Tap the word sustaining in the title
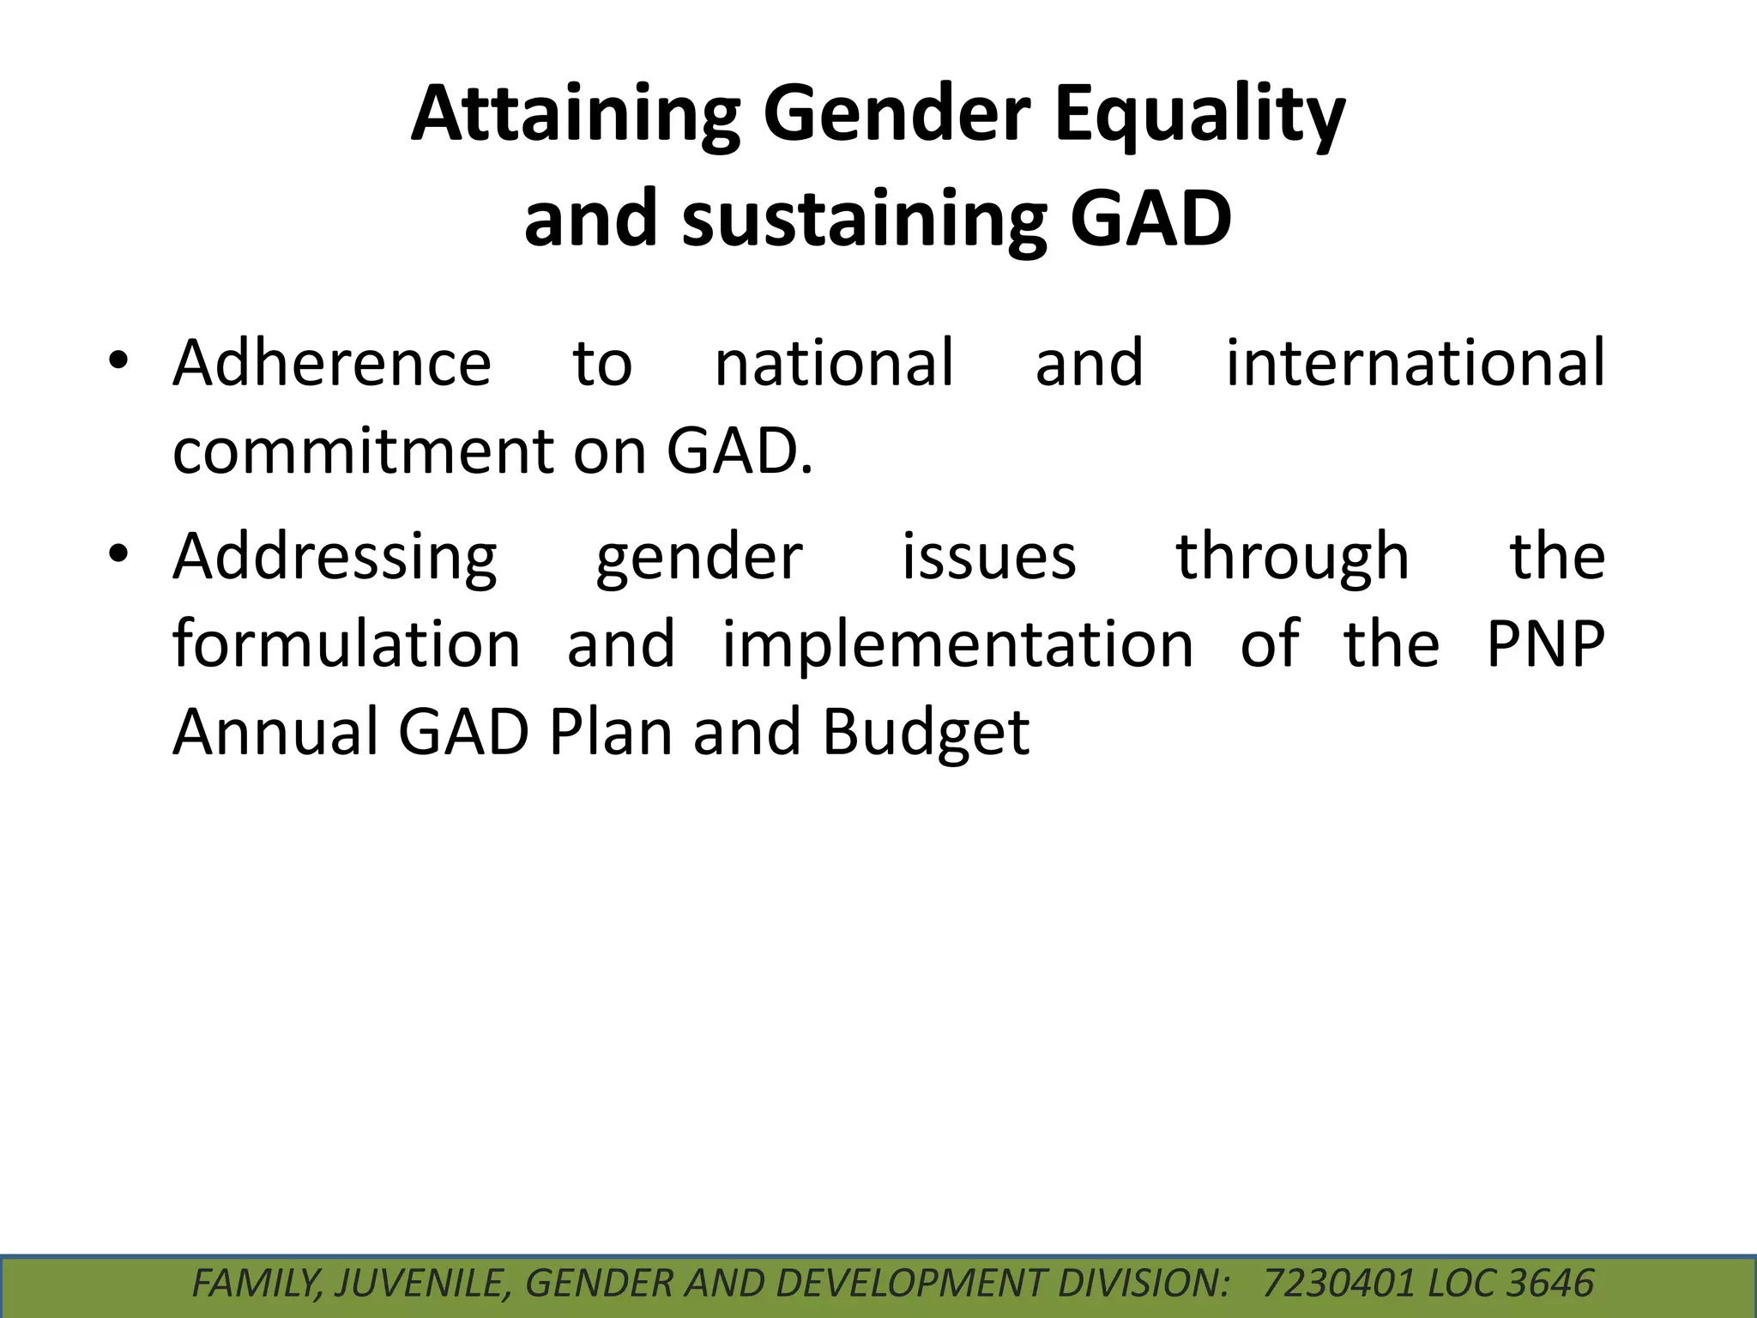[x=865, y=219]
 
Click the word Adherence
[x=332, y=363]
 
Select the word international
[x=1415, y=363]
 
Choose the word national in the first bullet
[x=834, y=363]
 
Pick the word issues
[x=988, y=556]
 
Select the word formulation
[x=347, y=644]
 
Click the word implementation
[x=957, y=645]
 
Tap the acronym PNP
[x=1544, y=644]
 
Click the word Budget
[x=926, y=733]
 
